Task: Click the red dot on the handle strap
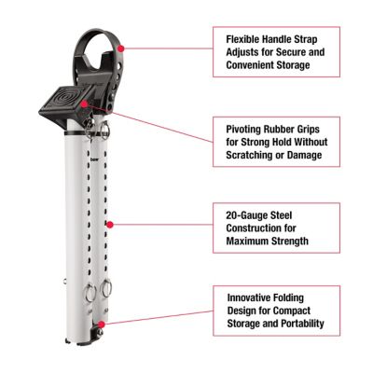pyautogui.click(x=122, y=45)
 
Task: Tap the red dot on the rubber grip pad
pyautogui.click(x=86, y=105)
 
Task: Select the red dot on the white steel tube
pyautogui.click(x=110, y=224)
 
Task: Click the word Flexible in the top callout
pyautogui.click(x=245, y=39)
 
